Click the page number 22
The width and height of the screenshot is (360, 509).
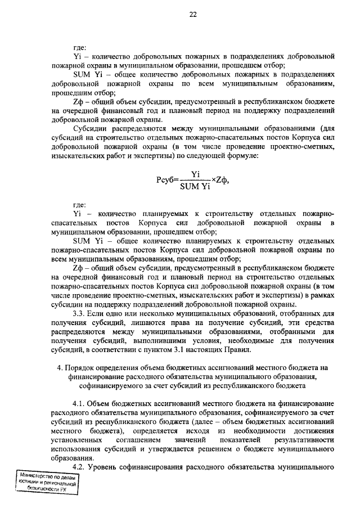(192, 15)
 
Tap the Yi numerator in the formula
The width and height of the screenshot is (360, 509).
(195, 175)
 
